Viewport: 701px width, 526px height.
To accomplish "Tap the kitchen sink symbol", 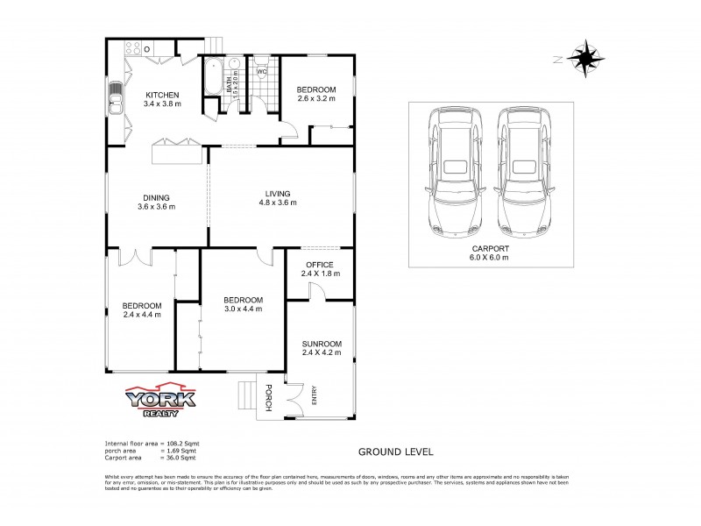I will [116, 104].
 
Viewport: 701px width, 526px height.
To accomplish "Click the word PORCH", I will [269, 398].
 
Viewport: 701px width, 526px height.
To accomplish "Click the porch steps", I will [247, 397].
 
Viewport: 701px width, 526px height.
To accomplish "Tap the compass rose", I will [584, 59].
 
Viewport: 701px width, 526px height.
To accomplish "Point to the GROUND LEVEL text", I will [395, 452].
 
